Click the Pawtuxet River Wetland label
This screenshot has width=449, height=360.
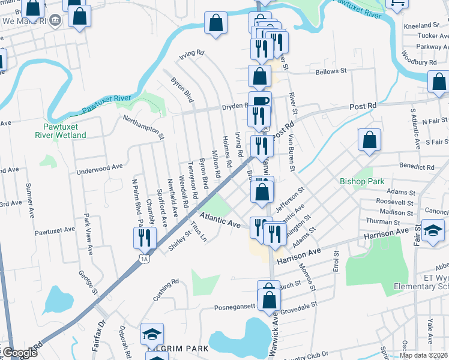[x=65, y=131]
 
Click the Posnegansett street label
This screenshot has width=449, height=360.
[x=235, y=307]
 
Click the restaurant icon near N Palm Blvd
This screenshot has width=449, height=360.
[x=145, y=238]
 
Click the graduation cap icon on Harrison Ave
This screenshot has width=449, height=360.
[x=432, y=231]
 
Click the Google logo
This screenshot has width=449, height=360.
[x=19, y=353]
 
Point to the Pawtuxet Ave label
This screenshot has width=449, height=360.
[x=54, y=230]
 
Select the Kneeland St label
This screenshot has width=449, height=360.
[x=422, y=26]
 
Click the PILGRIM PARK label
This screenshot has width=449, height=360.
[x=179, y=348]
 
